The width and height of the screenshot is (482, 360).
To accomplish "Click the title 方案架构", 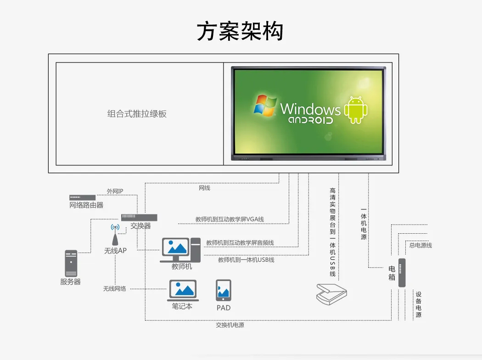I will [240, 31].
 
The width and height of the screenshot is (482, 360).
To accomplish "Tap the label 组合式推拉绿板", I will [137, 114].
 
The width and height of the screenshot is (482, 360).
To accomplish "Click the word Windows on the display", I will [310, 109].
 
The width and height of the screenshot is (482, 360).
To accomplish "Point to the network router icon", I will [83, 197].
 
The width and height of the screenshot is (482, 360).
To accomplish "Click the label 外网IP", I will [115, 191].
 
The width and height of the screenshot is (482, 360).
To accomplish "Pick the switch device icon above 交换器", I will [139, 218].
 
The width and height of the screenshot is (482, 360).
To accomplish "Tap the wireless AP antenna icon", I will [115, 235].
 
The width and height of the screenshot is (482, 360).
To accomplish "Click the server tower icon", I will [71, 263].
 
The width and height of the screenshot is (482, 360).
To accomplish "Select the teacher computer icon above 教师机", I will [180, 249].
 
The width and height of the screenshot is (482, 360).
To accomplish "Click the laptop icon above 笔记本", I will [183, 290].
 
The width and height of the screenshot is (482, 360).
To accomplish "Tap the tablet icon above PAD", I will [224, 291].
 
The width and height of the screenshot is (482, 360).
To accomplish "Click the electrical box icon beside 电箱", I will [402, 272].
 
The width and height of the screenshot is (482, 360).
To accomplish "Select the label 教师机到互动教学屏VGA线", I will [230, 219].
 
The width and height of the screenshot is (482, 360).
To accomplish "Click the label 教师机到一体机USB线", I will [246, 260].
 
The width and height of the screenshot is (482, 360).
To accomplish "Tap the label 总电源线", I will [420, 245].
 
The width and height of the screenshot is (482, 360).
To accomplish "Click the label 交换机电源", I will [230, 325].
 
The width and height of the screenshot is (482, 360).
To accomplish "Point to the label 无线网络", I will [114, 289].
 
